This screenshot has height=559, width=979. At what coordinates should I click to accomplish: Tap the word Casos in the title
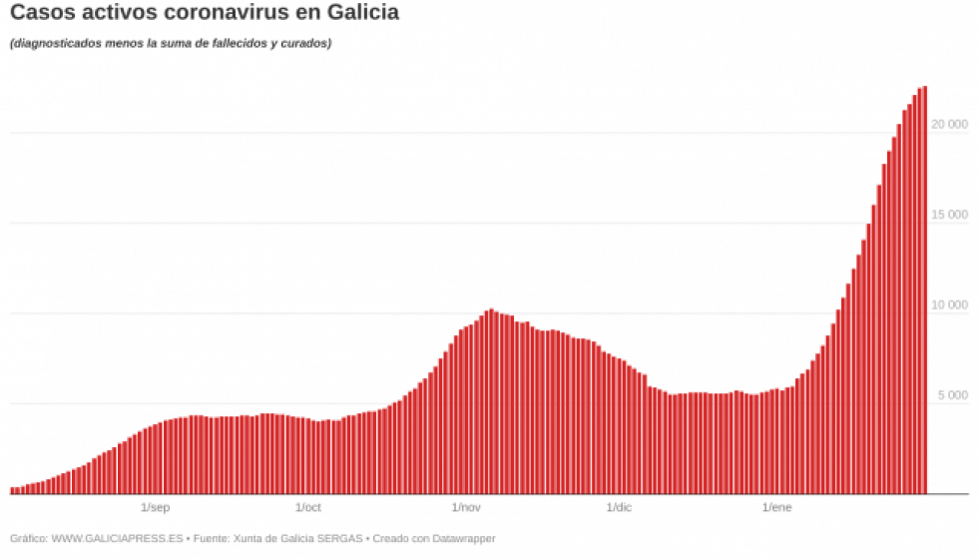coord(42,14)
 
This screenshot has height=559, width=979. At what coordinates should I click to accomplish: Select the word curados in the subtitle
coord(304,44)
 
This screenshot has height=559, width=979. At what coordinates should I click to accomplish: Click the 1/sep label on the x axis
coord(156,508)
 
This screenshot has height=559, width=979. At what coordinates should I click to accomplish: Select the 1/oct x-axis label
coord(308,508)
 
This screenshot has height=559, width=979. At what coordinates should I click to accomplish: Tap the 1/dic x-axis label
coord(618,508)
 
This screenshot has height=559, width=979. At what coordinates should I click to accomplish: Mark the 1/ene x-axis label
coord(777,508)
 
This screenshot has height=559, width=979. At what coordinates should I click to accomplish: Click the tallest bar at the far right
coord(925,289)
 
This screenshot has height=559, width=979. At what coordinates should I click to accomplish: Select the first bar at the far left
coord(12,490)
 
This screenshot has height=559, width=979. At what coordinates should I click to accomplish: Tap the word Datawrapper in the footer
coord(462,539)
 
